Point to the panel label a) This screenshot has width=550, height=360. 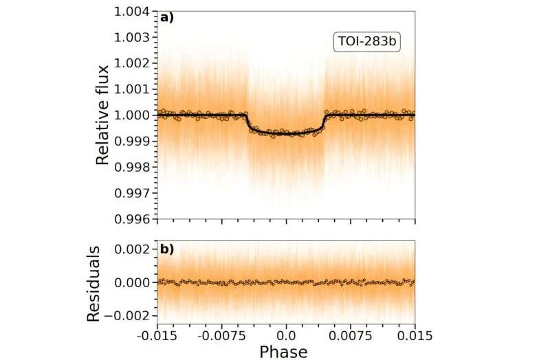(167, 19)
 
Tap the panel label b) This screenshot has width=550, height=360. (167, 249)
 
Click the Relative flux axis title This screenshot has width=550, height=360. (103, 115)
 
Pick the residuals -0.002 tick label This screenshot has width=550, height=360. (132, 316)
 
